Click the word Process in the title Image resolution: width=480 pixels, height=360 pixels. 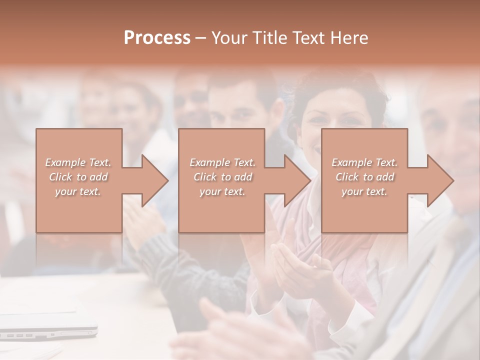click(x=157, y=38)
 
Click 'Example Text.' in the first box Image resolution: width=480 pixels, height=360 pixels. click(x=78, y=162)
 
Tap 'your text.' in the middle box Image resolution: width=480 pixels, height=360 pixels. click(x=222, y=191)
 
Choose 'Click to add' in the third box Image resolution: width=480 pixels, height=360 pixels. click(x=364, y=177)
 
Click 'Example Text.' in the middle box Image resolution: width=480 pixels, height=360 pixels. click(x=222, y=162)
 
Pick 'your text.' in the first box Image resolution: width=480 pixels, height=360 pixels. click(x=78, y=191)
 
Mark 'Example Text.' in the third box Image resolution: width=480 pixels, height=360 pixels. click(x=364, y=162)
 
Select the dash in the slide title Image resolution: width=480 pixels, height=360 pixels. click(x=201, y=38)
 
